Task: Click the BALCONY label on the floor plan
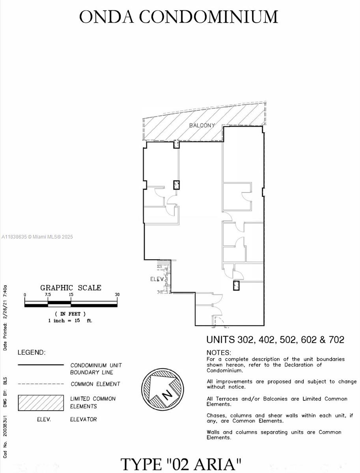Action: click(x=202, y=125)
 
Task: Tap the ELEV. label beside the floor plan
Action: click(x=156, y=279)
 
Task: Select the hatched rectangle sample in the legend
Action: click(x=41, y=403)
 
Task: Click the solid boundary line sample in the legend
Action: click(x=41, y=365)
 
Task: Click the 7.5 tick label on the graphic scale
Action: click(x=48, y=295)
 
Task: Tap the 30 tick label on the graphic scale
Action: click(x=117, y=295)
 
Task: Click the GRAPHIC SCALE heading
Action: click(x=71, y=288)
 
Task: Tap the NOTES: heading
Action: click(x=219, y=352)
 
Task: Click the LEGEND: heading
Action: click(x=32, y=352)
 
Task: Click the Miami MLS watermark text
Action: click(x=37, y=237)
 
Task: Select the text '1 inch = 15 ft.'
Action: click(x=70, y=320)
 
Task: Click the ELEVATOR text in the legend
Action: click(x=83, y=419)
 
